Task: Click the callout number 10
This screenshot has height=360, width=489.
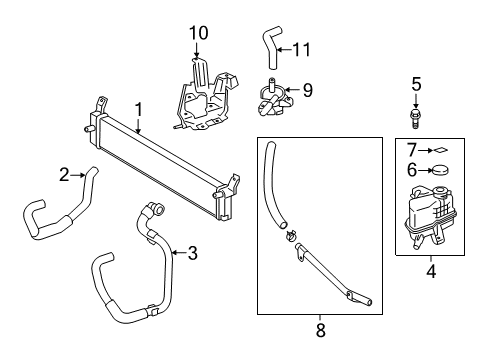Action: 199,33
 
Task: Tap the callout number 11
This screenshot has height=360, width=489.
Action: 302,50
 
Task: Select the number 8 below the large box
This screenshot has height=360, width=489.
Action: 320,330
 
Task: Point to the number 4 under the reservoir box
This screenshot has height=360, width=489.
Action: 431,272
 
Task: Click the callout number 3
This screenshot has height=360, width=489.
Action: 193,253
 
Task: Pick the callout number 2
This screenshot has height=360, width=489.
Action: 64,174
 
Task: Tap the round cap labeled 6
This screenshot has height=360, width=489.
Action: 440,170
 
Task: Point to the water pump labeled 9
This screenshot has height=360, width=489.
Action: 275,99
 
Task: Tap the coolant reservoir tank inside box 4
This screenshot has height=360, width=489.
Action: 429,217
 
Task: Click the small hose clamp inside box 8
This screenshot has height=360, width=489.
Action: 291,235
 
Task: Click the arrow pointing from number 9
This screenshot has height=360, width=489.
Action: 292,90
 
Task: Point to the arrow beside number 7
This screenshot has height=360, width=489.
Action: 426,151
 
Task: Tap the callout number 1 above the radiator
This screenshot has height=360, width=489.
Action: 138,110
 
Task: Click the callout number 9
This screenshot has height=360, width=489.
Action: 307,90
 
